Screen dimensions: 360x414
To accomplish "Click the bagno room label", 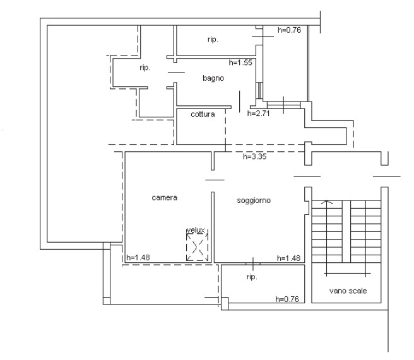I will click(213, 78).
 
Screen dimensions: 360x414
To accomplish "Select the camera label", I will click(164, 197).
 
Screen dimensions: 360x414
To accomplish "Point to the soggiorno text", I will click(254, 200).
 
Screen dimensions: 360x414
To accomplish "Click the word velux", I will click(196, 231).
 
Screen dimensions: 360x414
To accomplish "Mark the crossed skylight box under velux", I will click(197, 248).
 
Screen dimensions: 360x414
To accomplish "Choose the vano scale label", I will click(347, 291).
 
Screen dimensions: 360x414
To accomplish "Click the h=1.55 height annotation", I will click(240, 62).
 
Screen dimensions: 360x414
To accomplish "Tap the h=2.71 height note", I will click(259, 114).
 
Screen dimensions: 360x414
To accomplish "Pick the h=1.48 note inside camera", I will click(138, 257).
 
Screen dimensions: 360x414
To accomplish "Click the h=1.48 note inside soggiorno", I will click(289, 257).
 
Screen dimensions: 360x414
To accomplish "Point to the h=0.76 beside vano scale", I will click(288, 299).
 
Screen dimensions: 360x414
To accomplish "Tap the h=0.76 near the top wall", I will click(290, 29).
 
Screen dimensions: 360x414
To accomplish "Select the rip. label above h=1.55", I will click(213, 40).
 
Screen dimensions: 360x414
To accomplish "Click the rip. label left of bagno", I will click(145, 68).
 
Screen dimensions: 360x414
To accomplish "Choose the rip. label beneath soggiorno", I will click(251, 277).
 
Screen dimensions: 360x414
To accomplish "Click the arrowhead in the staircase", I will click(326, 202).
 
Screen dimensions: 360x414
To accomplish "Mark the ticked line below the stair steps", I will click(347, 273).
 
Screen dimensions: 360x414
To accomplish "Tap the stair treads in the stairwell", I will click(347, 230).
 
